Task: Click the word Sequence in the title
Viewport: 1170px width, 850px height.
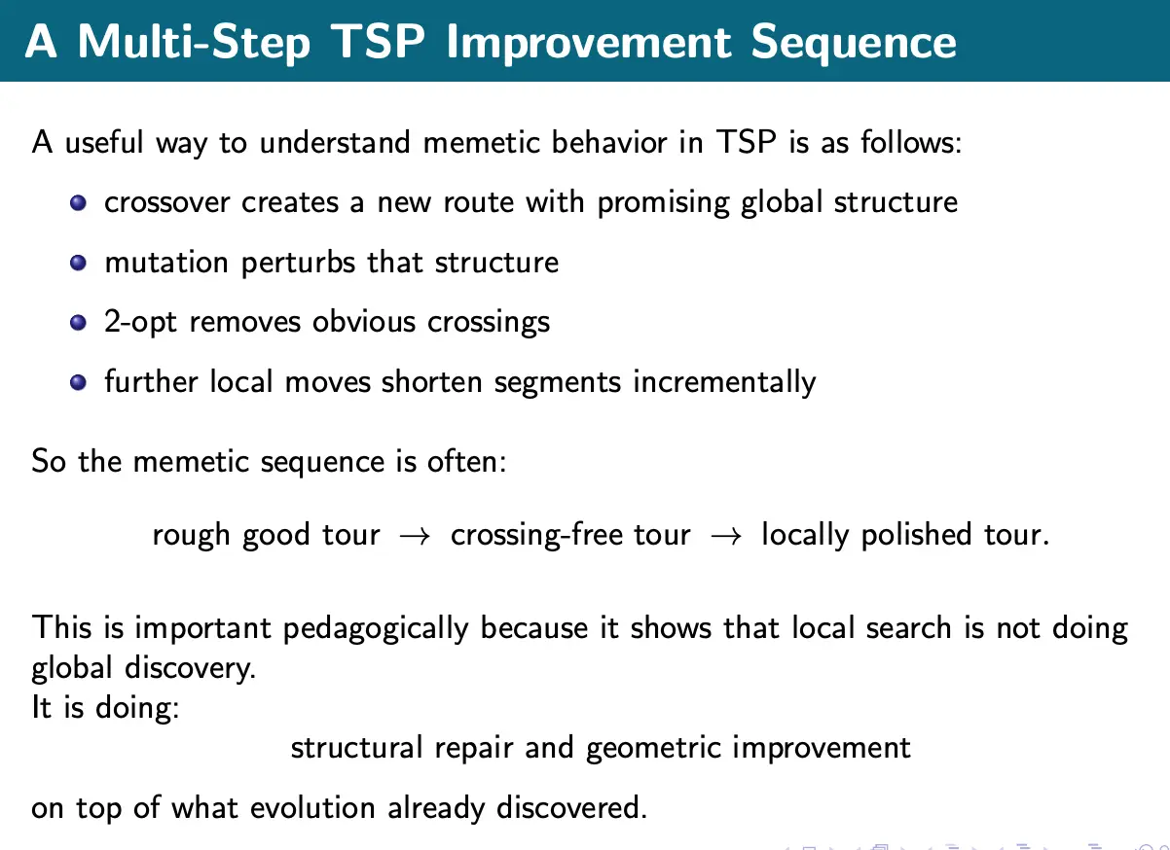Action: (x=854, y=44)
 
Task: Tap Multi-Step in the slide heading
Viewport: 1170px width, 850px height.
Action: (x=194, y=44)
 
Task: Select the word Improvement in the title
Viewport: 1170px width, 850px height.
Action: (x=589, y=44)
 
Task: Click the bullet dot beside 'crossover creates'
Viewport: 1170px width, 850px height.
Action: (x=78, y=202)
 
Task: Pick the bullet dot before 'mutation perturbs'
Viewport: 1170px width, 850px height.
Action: (x=78, y=263)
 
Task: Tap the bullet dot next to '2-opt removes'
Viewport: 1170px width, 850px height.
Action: (x=78, y=323)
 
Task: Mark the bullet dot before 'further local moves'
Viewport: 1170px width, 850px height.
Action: (x=78, y=382)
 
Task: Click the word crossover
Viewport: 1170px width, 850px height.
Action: (x=167, y=202)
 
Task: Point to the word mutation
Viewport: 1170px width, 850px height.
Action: (x=166, y=262)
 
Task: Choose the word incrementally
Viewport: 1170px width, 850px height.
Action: (x=724, y=382)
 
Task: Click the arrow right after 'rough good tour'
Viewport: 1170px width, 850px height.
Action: (x=415, y=536)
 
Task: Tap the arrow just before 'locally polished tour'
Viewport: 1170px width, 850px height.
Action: (x=726, y=536)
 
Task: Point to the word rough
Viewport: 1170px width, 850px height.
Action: (x=191, y=535)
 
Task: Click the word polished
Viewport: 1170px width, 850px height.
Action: (x=916, y=535)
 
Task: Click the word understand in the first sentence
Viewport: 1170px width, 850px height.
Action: (x=335, y=142)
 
